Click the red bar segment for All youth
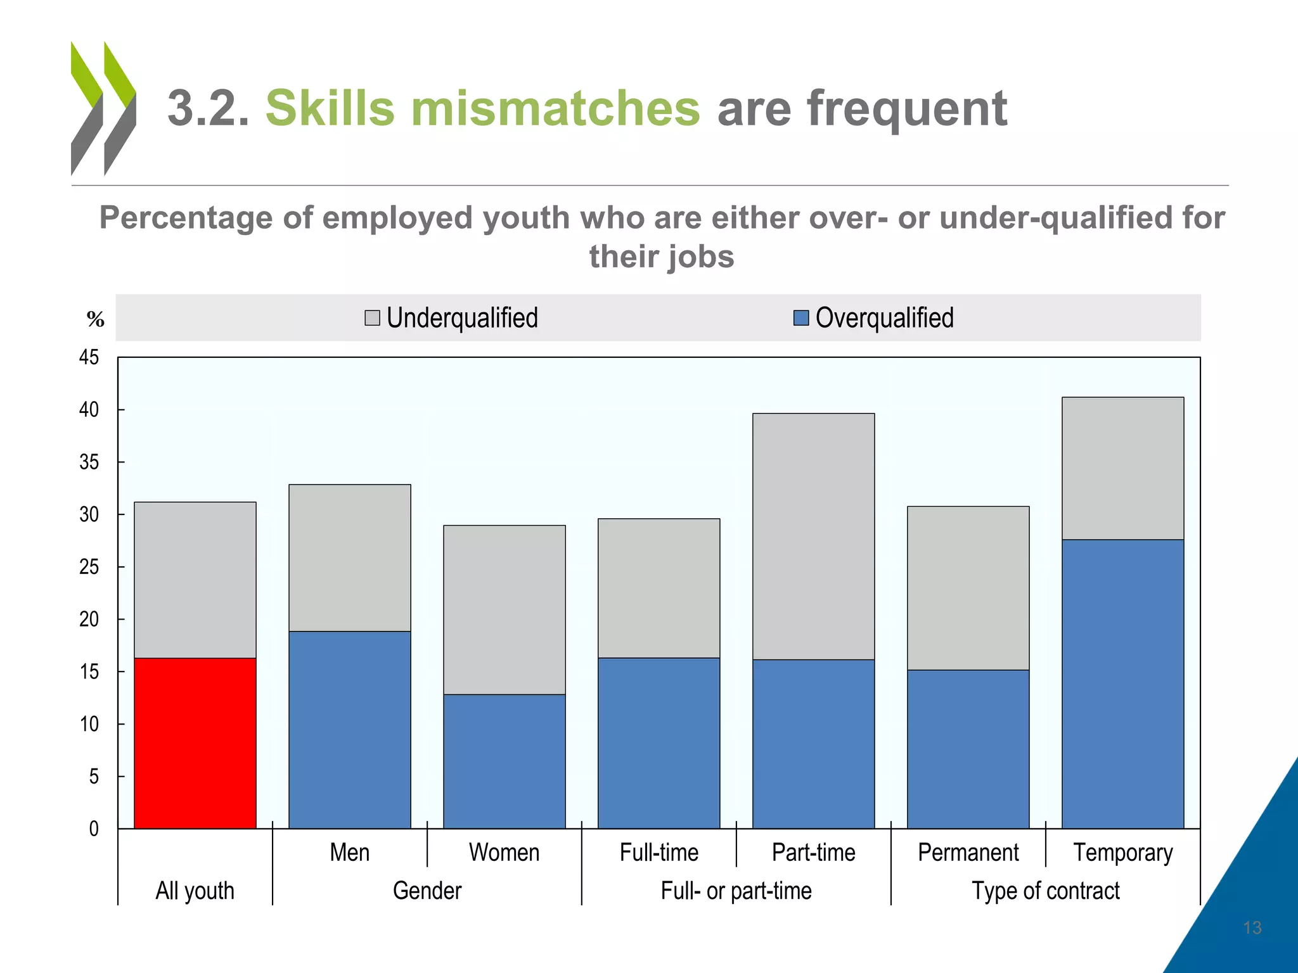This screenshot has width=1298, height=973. coord(195,743)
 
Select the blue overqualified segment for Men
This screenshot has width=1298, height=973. coord(350,730)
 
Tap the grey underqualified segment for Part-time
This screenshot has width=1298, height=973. coord(814,537)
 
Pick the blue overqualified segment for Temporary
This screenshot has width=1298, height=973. coord(1123,684)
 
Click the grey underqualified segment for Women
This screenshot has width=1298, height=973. coord(504,609)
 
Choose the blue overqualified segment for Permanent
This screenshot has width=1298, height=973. coord(968,749)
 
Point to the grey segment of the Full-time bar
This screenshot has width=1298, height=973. coord(659,588)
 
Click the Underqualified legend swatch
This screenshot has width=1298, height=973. coord(373,318)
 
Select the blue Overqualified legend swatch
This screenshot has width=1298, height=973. coord(801,318)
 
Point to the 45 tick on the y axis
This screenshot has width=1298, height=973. coord(89,357)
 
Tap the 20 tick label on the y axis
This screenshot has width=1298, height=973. coord(89,619)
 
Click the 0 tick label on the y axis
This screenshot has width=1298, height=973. coord(94,829)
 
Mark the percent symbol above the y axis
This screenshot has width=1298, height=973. coord(96,319)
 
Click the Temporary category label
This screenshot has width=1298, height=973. coord(1123,853)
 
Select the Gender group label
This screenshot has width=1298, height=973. coord(427,891)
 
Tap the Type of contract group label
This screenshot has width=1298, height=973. coord(1046,891)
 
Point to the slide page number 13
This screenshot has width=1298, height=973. coord(1252,928)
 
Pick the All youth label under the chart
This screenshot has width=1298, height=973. coord(195,891)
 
